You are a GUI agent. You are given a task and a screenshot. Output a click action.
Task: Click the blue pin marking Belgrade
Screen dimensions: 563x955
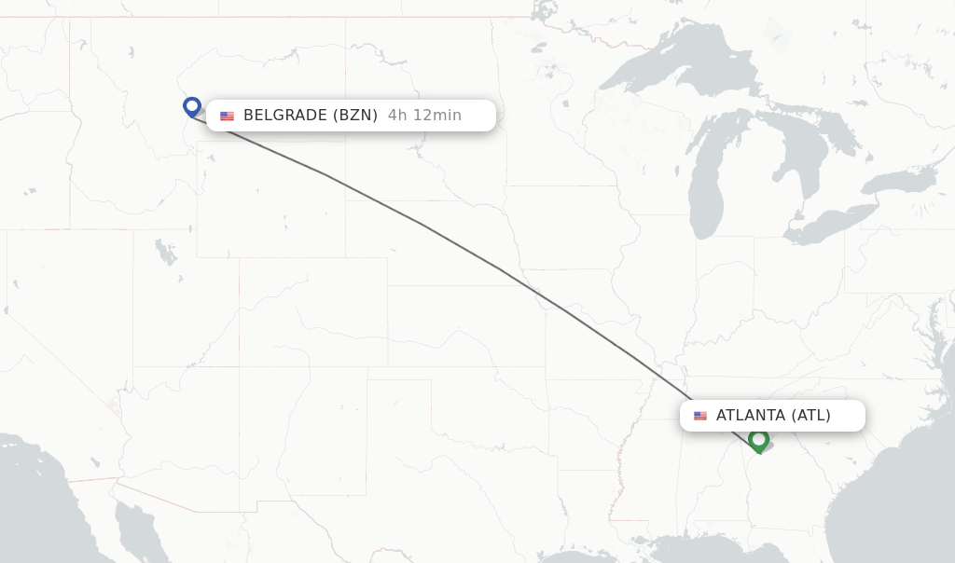coord(192,106)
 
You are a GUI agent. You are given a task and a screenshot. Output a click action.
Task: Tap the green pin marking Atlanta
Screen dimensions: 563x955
coord(758,438)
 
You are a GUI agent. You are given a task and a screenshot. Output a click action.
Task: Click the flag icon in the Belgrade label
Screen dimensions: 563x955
coord(227,116)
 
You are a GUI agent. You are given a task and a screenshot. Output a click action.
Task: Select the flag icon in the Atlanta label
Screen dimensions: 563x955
coord(700,416)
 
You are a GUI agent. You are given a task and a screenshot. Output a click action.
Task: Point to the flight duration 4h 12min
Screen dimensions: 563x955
coord(424,116)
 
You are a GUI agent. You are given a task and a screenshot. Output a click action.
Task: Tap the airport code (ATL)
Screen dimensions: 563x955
coord(810,416)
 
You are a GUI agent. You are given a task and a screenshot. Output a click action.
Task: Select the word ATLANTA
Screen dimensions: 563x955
coord(751,416)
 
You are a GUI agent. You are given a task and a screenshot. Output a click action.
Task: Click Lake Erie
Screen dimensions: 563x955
coord(830,224)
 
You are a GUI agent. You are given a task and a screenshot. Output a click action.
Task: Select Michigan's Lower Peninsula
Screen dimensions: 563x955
coord(751,186)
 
